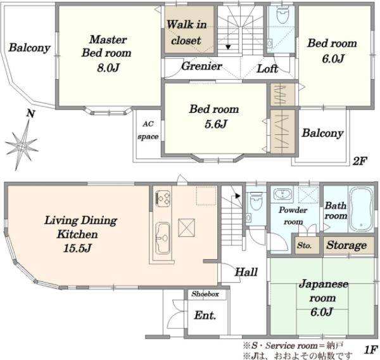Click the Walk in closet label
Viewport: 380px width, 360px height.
coord(186,32)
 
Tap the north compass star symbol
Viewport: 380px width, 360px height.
coord(22,145)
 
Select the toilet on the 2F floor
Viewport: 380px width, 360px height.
coord(282,15)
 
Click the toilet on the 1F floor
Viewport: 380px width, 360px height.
coord(256,201)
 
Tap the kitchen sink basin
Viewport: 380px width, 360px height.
coord(162,238)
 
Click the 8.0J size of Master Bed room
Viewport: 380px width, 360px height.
coord(108,68)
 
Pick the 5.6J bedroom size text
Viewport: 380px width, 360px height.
coord(215,124)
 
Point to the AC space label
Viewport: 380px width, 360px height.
coord(148,131)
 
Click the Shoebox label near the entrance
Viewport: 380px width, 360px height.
coord(205,294)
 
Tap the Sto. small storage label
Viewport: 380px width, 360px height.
coord(304,245)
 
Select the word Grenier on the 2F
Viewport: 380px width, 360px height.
coord(201,66)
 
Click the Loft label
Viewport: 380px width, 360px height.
coord(267,69)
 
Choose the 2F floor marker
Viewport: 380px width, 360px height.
coord(360,161)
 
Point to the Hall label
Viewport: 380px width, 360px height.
coord(246,272)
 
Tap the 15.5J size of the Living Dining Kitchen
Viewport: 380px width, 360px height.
coord(77,248)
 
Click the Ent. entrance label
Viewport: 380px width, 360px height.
coord(205,316)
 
